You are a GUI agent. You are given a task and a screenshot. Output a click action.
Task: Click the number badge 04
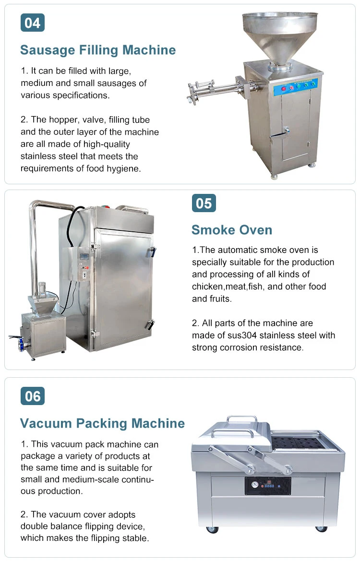(33, 23)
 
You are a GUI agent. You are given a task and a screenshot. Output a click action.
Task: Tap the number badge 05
(204, 203)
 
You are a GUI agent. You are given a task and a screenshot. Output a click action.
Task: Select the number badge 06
(33, 396)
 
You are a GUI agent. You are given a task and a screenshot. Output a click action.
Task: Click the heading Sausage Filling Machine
(98, 50)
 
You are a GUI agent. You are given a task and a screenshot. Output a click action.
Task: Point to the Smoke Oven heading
(232, 230)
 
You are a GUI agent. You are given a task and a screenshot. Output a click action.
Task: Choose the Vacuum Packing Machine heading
(103, 423)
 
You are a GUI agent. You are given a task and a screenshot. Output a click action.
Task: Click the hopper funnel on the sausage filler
(280, 37)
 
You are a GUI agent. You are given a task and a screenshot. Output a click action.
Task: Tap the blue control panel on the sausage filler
(296, 86)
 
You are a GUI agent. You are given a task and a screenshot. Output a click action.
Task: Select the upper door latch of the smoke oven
(153, 251)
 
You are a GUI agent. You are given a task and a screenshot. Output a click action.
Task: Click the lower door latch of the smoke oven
(150, 324)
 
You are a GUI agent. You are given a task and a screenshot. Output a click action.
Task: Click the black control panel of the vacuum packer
(268, 486)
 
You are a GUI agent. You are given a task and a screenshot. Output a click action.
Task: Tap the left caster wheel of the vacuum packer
(212, 529)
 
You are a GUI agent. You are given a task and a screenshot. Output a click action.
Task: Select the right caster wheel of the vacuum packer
(321, 528)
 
